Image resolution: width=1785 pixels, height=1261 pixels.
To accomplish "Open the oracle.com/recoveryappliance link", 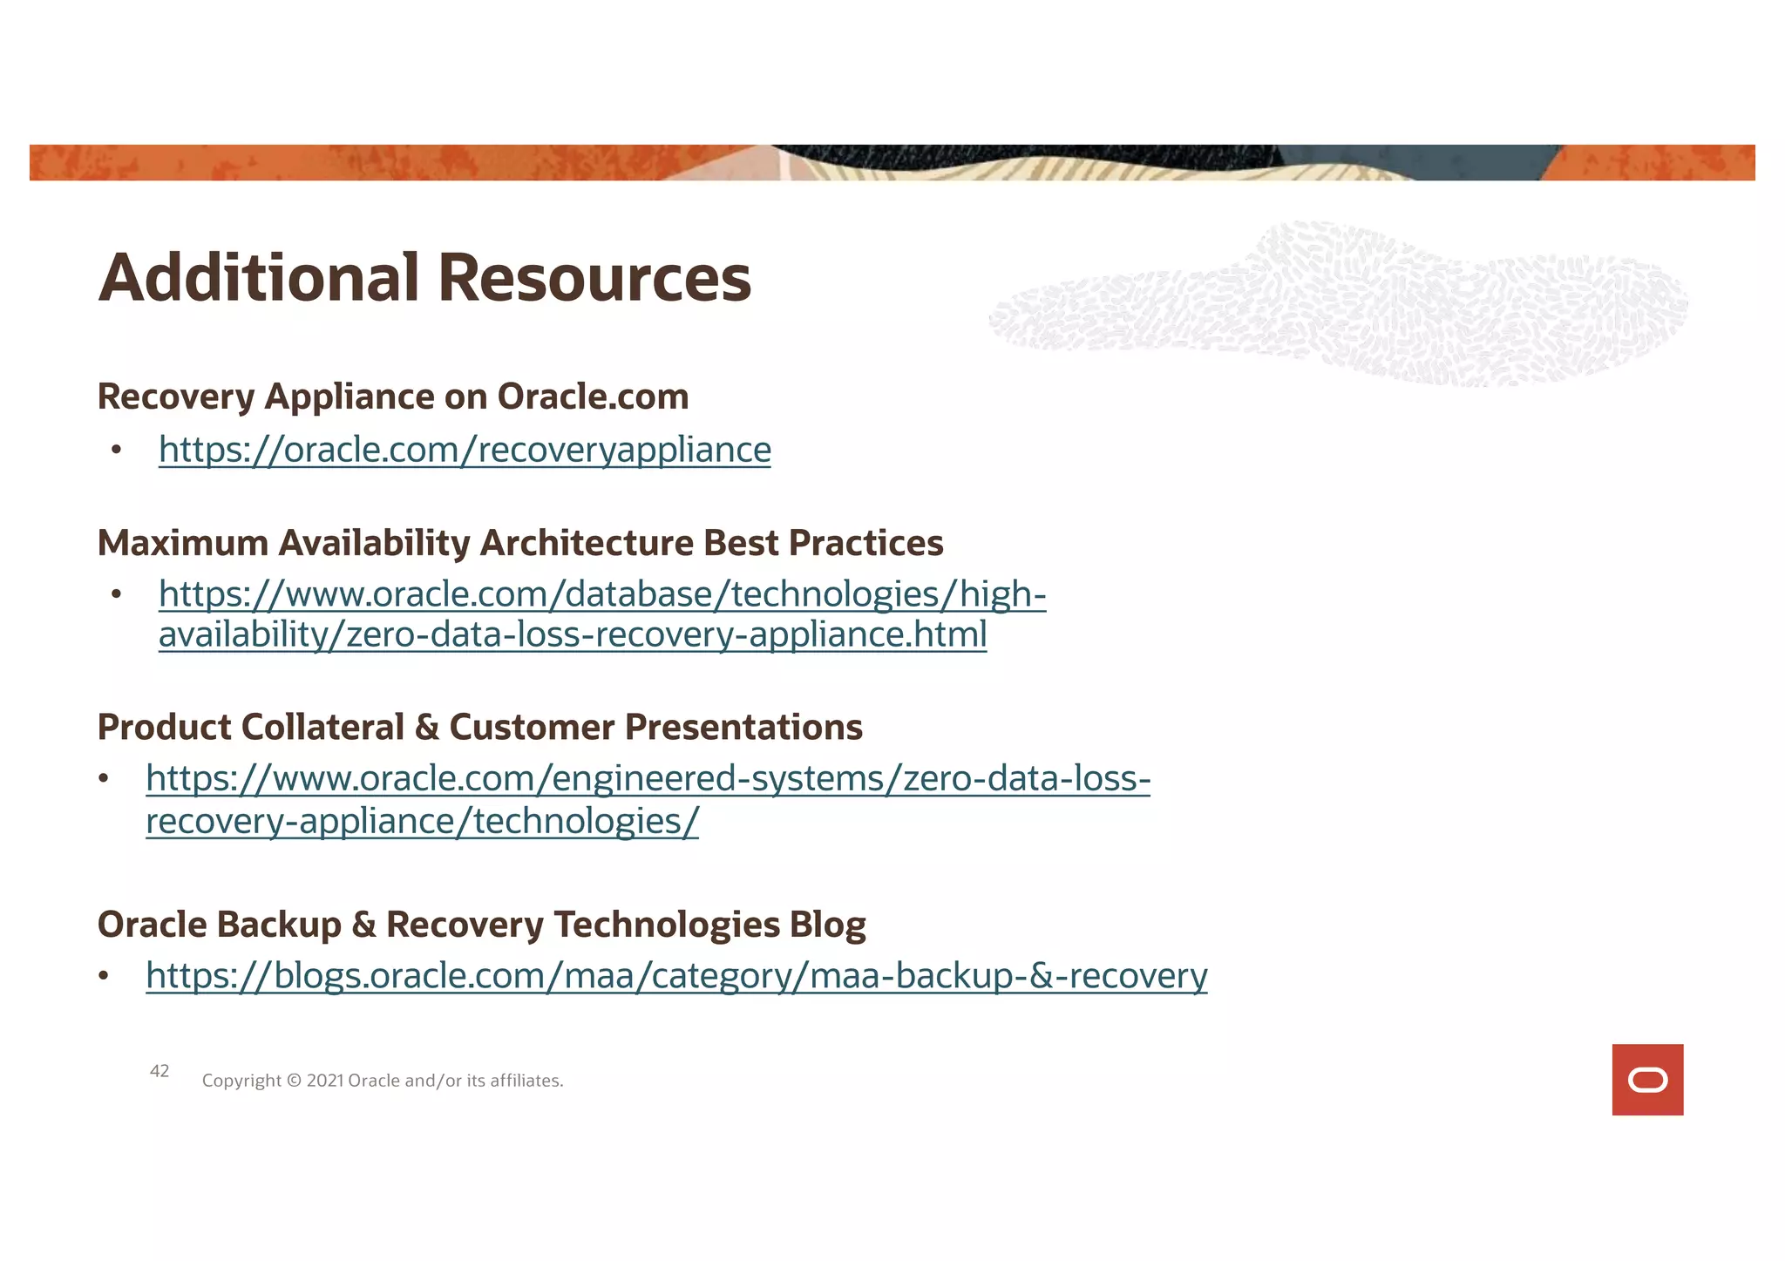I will [465, 450].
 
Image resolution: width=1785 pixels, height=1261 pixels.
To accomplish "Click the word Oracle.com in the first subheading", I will [593, 397].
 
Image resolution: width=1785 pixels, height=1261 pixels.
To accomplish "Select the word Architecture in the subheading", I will [586, 543].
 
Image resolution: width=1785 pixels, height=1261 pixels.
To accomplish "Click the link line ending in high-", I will [601, 594].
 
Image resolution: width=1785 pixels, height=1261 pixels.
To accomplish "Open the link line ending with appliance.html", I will [572, 634].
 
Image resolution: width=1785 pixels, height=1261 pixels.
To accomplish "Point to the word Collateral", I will [322, 727].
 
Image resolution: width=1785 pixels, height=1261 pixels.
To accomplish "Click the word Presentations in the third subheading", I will [743, 727].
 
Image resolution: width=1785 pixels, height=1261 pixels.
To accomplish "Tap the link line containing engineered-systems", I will [648, 778].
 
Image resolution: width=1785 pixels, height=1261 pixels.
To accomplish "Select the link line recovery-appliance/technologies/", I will [422, 821].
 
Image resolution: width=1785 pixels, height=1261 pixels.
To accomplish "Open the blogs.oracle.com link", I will [676, 975].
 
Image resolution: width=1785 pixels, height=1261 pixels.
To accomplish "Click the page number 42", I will [159, 1071].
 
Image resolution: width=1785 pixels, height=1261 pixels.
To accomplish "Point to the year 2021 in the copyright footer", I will [324, 1081].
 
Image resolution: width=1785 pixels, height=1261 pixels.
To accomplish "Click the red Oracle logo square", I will [1647, 1080].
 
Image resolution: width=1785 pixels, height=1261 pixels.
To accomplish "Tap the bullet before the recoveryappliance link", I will [117, 451].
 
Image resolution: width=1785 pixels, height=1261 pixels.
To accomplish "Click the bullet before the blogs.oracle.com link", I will [104, 976].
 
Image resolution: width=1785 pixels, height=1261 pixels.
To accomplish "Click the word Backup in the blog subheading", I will [280, 925].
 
